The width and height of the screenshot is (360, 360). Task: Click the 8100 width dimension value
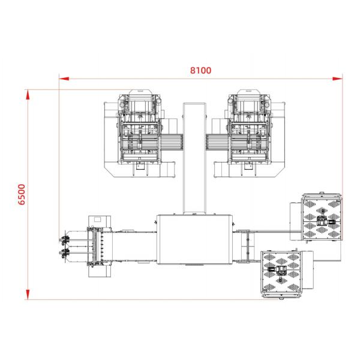200,70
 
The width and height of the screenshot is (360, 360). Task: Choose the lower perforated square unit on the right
280,271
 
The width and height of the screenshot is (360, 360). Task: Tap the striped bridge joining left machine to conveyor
173,142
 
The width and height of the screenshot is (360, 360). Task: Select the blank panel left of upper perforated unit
296,220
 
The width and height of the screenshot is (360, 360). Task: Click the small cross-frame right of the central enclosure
244,246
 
